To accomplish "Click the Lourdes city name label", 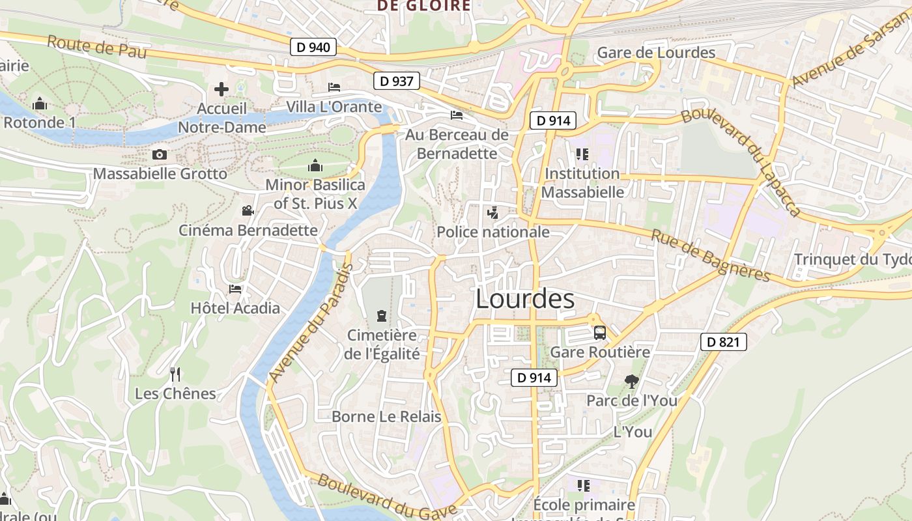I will pyautogui.click(x=525, y=299).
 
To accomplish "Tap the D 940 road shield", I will pyautogui.click(x=313, y=47).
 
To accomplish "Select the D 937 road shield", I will pyautogui.click(x=396, y=81).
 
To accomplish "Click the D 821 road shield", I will pyautogui.click(x=723, y=342).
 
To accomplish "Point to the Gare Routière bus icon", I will pyautogui.click(x=600, y=333).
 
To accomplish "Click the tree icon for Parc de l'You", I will pyautogui.click(x=631, y=382).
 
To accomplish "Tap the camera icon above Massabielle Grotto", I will pyautogui.click(x=159, y=154).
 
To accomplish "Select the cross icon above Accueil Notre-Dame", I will pyautogui.click(x=221, y=89).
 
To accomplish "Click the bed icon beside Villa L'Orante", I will pyautogui.click(x=334, y=87).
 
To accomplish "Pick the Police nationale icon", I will pyautogui.click(x=493, y=212).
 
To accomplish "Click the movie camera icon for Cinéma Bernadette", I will pyautogui.click(x=248, y=210).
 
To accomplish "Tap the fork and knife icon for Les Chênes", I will pyautogui.click(x=175, y=374).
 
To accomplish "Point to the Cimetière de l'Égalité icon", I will pyautogui.click(x=382, y=317).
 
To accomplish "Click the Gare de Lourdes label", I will pyautogui.click(x=656, y=53).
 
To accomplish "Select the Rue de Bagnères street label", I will pyautogui.click(x=710, y=256).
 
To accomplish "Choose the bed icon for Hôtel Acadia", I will pyautogui.click(x=235, y=289).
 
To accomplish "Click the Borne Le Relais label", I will pyautogui.click(x=386, y=417).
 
